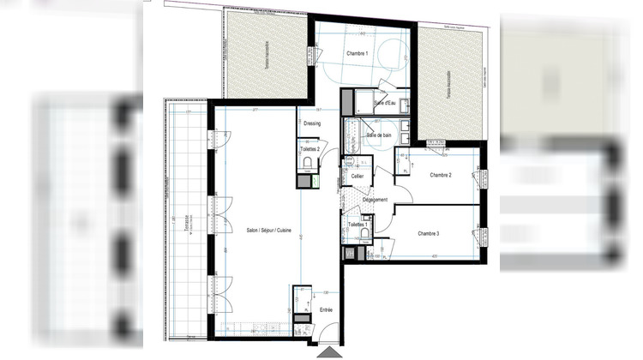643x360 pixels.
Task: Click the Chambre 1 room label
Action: coord(357,54)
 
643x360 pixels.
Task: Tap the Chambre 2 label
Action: coord(440,175)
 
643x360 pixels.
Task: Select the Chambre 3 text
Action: coord(428,233)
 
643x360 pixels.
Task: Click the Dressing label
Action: coord(311,123)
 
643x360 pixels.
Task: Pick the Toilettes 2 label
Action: coord(309,148)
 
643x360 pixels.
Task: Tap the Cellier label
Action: coord(357,176)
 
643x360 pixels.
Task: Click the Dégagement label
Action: coord(375,200)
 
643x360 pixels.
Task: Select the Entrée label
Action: coord(326,309)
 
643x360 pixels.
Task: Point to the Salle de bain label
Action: coord(379,135)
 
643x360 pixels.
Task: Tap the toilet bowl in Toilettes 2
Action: coord(306,164)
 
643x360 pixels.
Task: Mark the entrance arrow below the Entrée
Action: coord(328,351)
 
